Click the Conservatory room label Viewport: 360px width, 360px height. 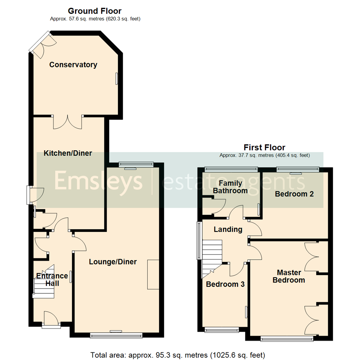point(73,65)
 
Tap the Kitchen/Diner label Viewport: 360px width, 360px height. point(68,153)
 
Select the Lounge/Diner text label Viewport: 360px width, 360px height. point(113,262)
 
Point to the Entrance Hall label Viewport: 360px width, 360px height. point(52,280)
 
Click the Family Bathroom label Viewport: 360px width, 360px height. point(230,187)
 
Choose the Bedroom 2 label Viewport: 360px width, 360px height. point(294,194)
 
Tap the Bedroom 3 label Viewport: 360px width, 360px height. point(225,284)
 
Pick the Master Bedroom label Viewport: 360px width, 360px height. point(289,276)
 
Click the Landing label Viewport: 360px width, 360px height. point(228,229)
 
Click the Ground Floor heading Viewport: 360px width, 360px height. point(95,11)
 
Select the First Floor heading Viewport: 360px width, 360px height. point(264,147)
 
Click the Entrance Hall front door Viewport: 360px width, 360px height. point(51,320)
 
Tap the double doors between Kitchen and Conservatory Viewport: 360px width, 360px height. point(68,122)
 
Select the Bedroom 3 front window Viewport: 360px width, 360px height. point(222,330)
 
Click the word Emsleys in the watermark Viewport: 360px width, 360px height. point(98,182)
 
